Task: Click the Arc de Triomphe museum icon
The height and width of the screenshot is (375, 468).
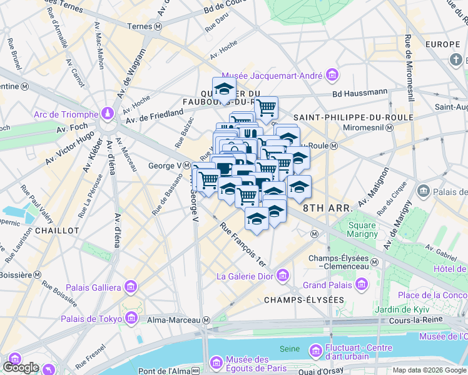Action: pos(108,114)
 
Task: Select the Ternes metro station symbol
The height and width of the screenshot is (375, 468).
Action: pos(159,26)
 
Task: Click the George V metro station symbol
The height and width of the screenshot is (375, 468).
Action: pos(186,166)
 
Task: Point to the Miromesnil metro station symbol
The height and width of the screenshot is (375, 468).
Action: pos(389,127)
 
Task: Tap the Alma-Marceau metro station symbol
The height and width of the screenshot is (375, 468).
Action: pos(206,320)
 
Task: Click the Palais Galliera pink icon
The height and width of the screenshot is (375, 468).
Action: pos(131,287)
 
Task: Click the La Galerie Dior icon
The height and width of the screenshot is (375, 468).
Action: pos(282,276)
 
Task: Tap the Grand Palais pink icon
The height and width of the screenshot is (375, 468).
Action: pos(361,286)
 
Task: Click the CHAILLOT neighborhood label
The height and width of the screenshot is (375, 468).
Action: pos(57,231)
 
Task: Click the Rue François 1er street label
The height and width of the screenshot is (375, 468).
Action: pos(243,246)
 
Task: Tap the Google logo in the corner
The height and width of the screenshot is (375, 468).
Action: pos(21,367)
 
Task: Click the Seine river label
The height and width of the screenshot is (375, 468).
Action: pos(288,348)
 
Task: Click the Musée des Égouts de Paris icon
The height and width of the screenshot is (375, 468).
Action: pos(216,362)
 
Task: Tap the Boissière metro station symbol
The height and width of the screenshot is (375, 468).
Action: pos(38,274)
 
